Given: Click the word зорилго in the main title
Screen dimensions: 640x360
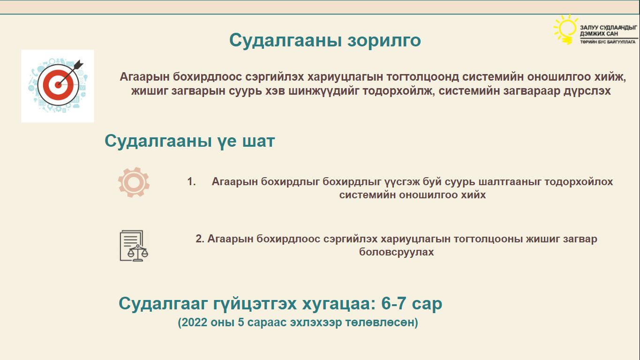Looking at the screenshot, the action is pyautogui.click(x=384, y=41).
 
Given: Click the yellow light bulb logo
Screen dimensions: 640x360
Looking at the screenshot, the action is pyautogui.click(x=565, y=30).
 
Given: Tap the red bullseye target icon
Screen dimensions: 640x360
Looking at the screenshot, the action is pyautogui.click(x=58, y=84).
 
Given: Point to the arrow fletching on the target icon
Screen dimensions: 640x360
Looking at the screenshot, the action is pyautogui.click(x=79, y=65).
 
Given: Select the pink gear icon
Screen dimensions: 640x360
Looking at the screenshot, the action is pyautogui.click(x=134, y=182).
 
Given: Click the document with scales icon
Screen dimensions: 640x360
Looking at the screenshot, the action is pyautogui.click(x=134, y=246).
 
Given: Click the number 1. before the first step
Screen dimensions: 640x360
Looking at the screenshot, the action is pyautogui.click(x=191, y=182).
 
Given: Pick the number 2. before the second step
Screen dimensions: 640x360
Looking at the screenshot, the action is pyautogui.click(x=200, y=239).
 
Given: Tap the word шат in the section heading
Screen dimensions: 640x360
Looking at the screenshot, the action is pyautogui.click(x=258, y=141).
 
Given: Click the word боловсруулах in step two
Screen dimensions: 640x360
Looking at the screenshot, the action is pyautogui.click(x=396, y=252).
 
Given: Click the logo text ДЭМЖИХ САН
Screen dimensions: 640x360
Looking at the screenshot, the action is pyautogui.click(x=599, y=34).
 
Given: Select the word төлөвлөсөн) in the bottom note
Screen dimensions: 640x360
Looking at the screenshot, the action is pyautogui.click(x=382, y=322).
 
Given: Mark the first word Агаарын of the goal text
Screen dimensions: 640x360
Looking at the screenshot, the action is pyautogui.click(x=144, y=77).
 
